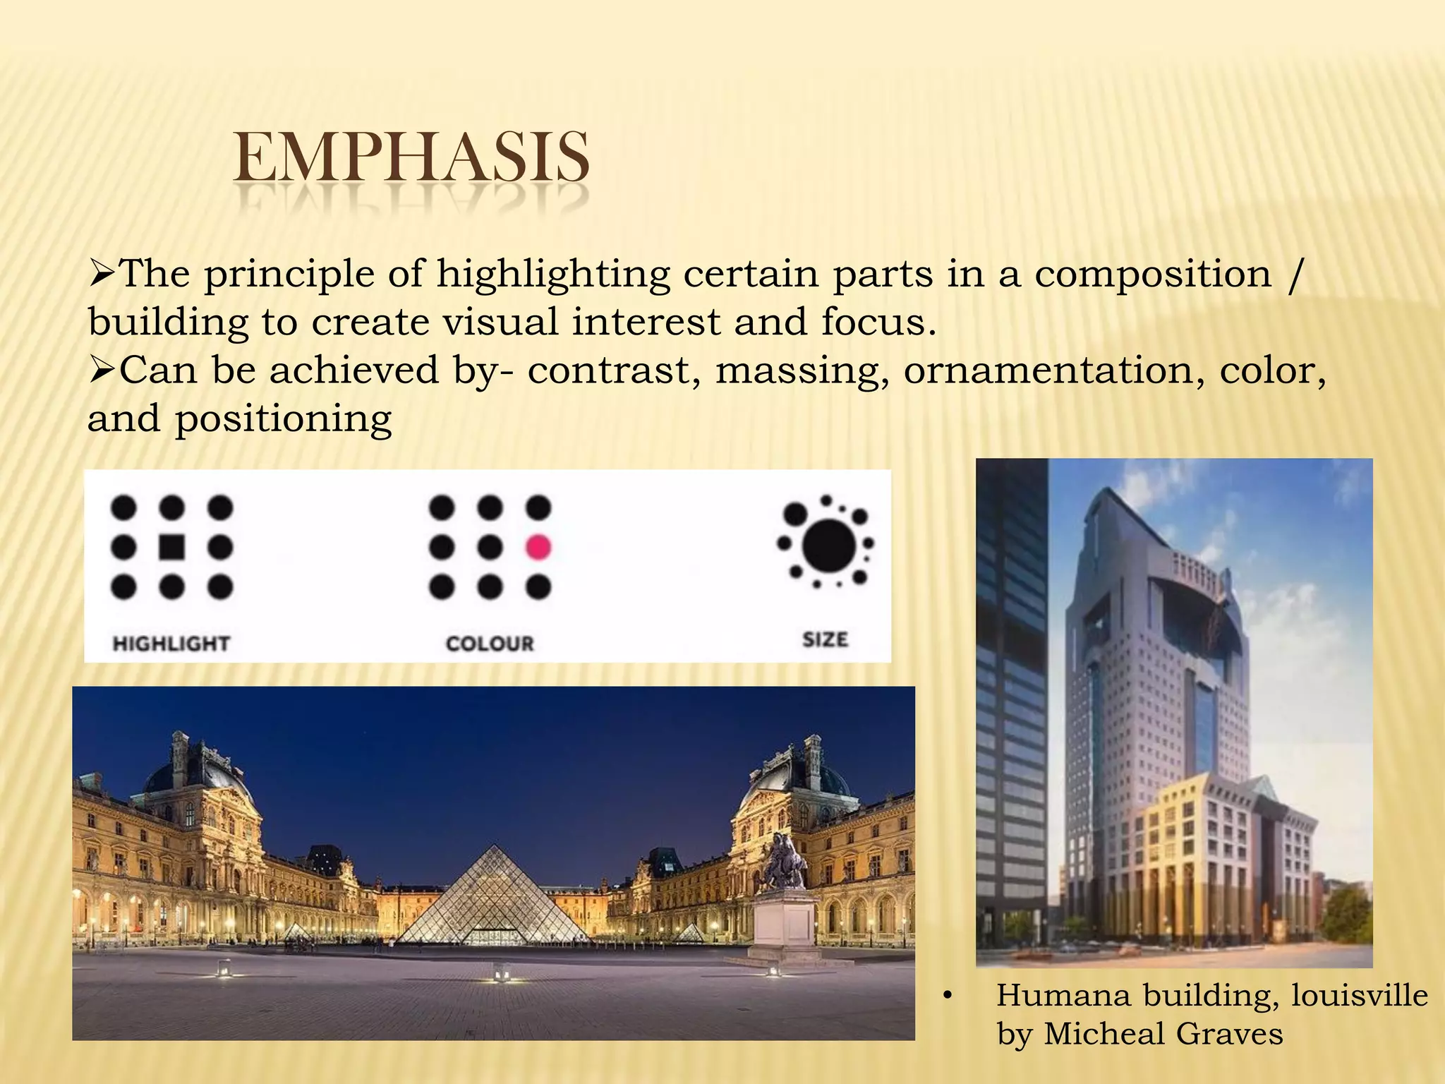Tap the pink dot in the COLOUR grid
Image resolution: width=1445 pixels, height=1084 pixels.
(538, 547)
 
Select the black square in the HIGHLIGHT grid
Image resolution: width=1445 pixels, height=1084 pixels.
(171, 547)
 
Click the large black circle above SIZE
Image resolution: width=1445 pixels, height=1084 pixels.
(829, 545)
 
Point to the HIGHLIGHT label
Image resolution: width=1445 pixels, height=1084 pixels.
(171, 644)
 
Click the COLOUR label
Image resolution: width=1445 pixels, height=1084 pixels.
(490, 644)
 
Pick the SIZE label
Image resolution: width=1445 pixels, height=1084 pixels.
(825, 639)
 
